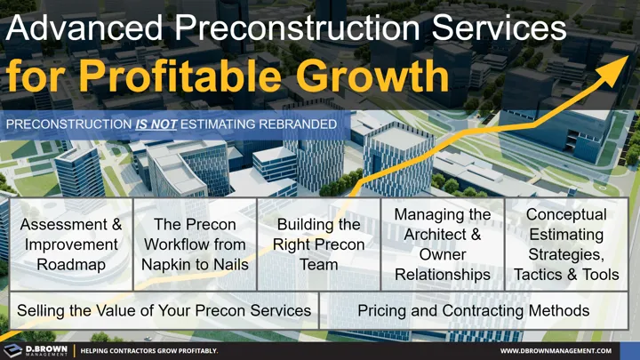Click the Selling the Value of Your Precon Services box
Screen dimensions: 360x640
[164, 311]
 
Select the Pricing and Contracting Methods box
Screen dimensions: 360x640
[473, 311]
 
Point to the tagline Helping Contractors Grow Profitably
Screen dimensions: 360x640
[149, 351]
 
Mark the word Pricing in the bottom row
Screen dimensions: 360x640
[382, 311]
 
